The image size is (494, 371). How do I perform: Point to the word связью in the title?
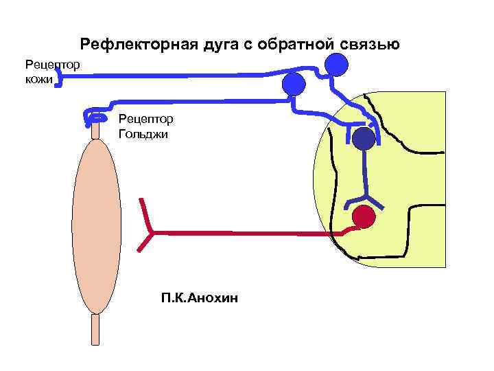click(x=373, y=45)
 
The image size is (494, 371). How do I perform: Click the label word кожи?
click(x=38, y=80)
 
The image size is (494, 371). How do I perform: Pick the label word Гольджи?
click(x=143, y=134)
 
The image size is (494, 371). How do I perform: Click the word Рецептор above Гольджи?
click(x=146, y=119)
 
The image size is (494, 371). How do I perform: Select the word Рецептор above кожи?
click(x=53, y=65)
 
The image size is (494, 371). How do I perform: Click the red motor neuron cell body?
click(x=363, y=217)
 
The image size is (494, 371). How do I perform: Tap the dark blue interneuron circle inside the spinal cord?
click(x=364, y=139)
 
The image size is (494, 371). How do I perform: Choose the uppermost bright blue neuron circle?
click(x=336, y=65)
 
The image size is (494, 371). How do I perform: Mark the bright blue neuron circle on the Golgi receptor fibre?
click(x=293, y=84)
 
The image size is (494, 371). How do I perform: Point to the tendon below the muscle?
click(x=96, y=329)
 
